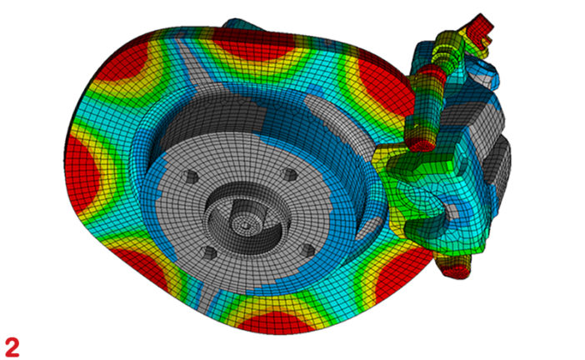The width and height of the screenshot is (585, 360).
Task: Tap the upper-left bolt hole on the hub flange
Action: [190, 177]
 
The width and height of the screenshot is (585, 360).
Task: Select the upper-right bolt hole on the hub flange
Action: [290, 175]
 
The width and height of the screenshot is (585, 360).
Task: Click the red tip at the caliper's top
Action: [478, 25]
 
